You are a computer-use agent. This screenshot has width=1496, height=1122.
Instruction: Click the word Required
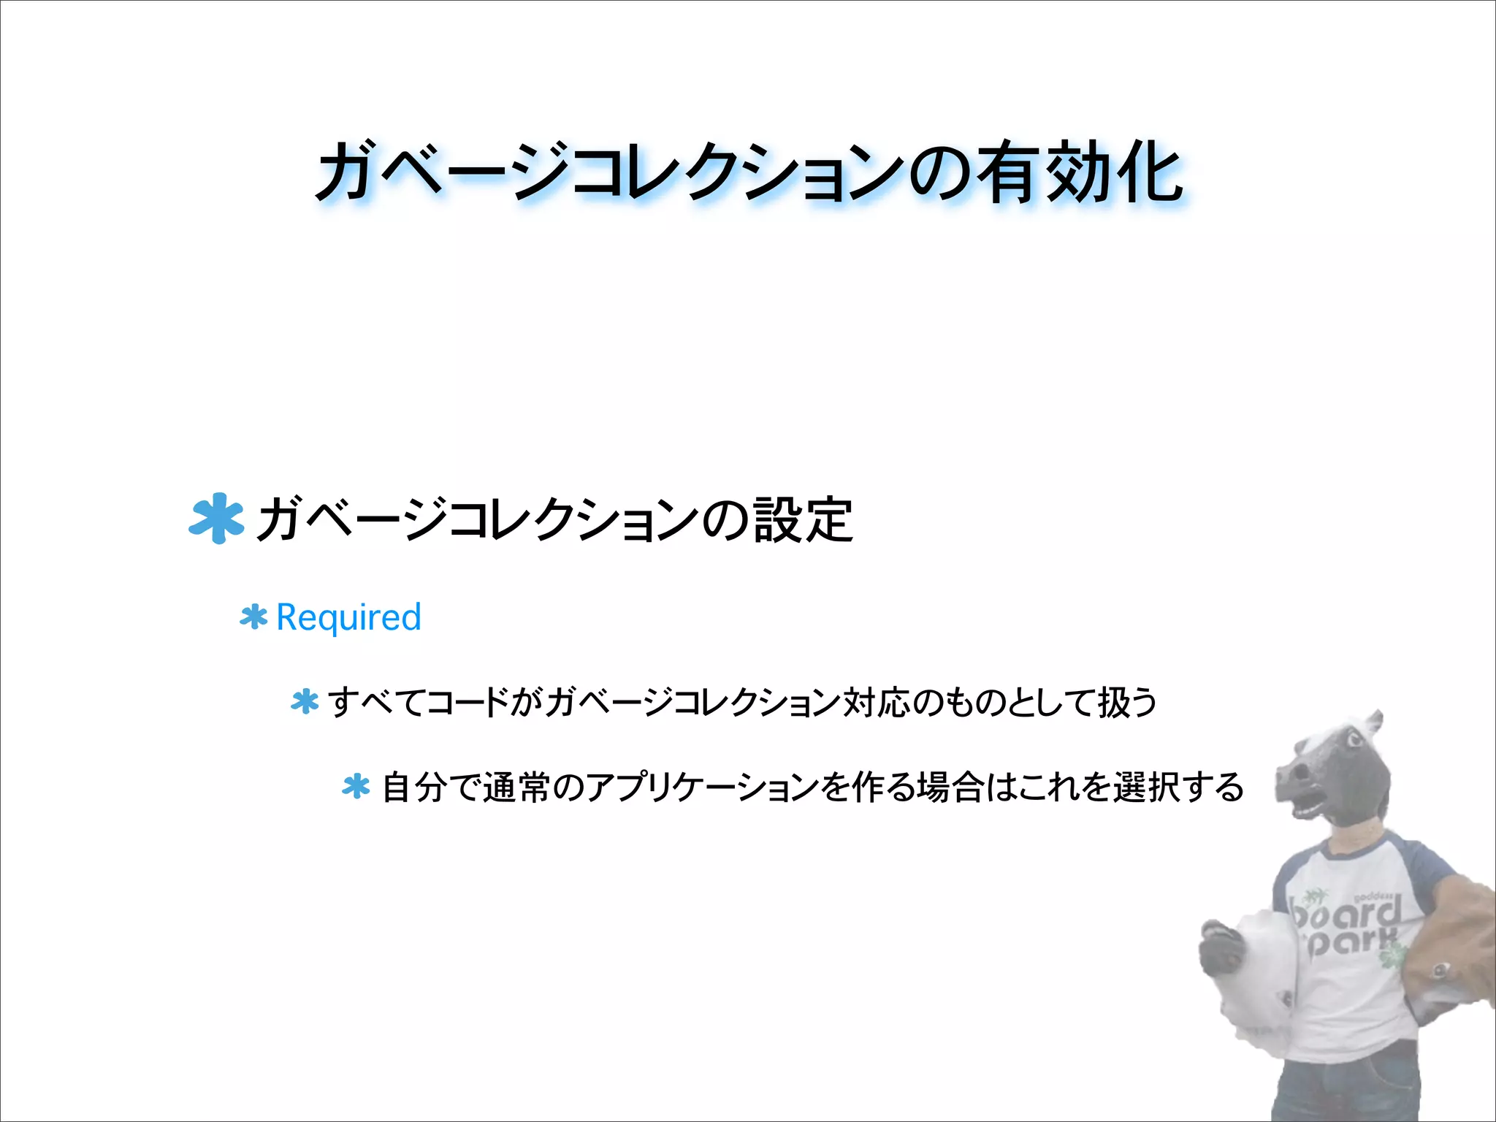pyautogui.click(x=348, y=618)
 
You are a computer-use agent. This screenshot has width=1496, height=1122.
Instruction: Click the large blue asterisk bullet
pyautogui.click(x=215, y=519)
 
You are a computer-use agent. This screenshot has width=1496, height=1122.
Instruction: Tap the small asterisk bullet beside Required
pyautogui.click(x=253, y=618)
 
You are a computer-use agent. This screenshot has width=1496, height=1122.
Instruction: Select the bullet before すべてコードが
pyautogui.click(x=305, y=702)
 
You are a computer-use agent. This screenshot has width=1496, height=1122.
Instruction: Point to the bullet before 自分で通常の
pyautogui.click(x=356, y=787)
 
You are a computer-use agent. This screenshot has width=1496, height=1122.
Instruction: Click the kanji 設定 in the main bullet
pyautogui.click(x=804, y=520)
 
